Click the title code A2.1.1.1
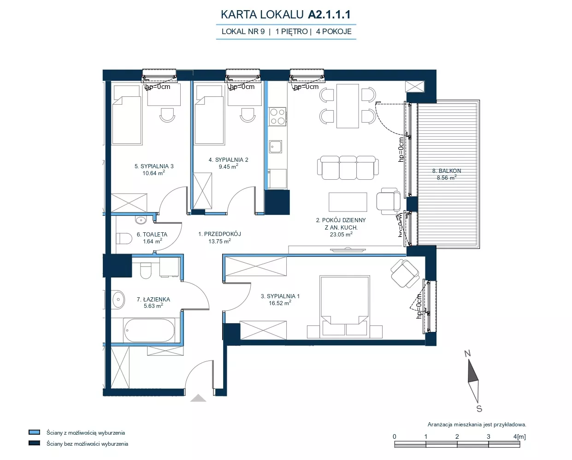pos(329,14)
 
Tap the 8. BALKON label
pos(447,171)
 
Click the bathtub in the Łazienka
pos(149,330)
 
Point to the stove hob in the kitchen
pos(277,117)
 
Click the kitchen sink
pos(275,147)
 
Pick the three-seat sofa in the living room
pos(348,167)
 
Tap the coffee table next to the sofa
pos(348,202)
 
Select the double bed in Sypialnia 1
pos(345,307)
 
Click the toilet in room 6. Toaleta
pos(124,238)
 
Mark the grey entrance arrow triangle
pos(198,398)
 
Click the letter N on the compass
pos(467,354)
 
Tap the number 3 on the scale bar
pos(488,436)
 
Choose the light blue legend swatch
pos(34,432)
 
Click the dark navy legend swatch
pos(34,443)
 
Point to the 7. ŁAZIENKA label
pos(153,300)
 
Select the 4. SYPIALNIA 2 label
pos(228,160)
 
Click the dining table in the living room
pos(348,106)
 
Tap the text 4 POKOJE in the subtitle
pos(334,32)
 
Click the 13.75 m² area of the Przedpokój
pos(219,241)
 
